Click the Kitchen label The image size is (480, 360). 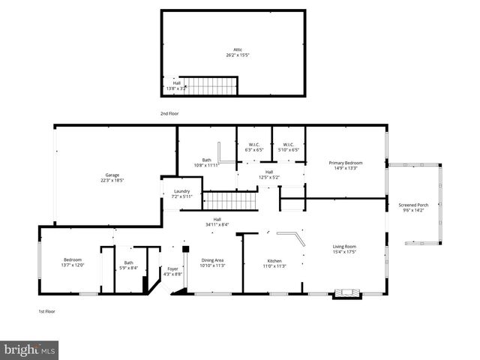(x=274, y=262)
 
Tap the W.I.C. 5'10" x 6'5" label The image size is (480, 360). (x=289, y=147)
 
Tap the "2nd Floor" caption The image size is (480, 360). (x=169, y=113)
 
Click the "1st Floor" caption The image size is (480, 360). (x=47, y=311)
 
